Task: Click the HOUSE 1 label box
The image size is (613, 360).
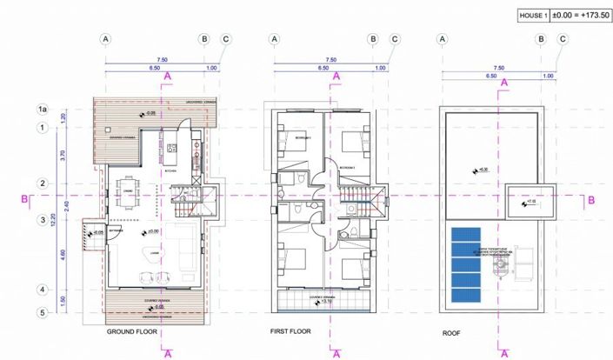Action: [509, 15]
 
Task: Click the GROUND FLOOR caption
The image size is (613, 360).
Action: [130, 331]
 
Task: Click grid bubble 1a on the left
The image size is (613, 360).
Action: [40, 109]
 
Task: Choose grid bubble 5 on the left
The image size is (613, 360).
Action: [40, 312]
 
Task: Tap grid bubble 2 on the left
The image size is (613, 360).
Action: [40, 183]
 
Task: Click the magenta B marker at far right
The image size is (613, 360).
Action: [591, 200]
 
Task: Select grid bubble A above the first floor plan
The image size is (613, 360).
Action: [274, 39]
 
